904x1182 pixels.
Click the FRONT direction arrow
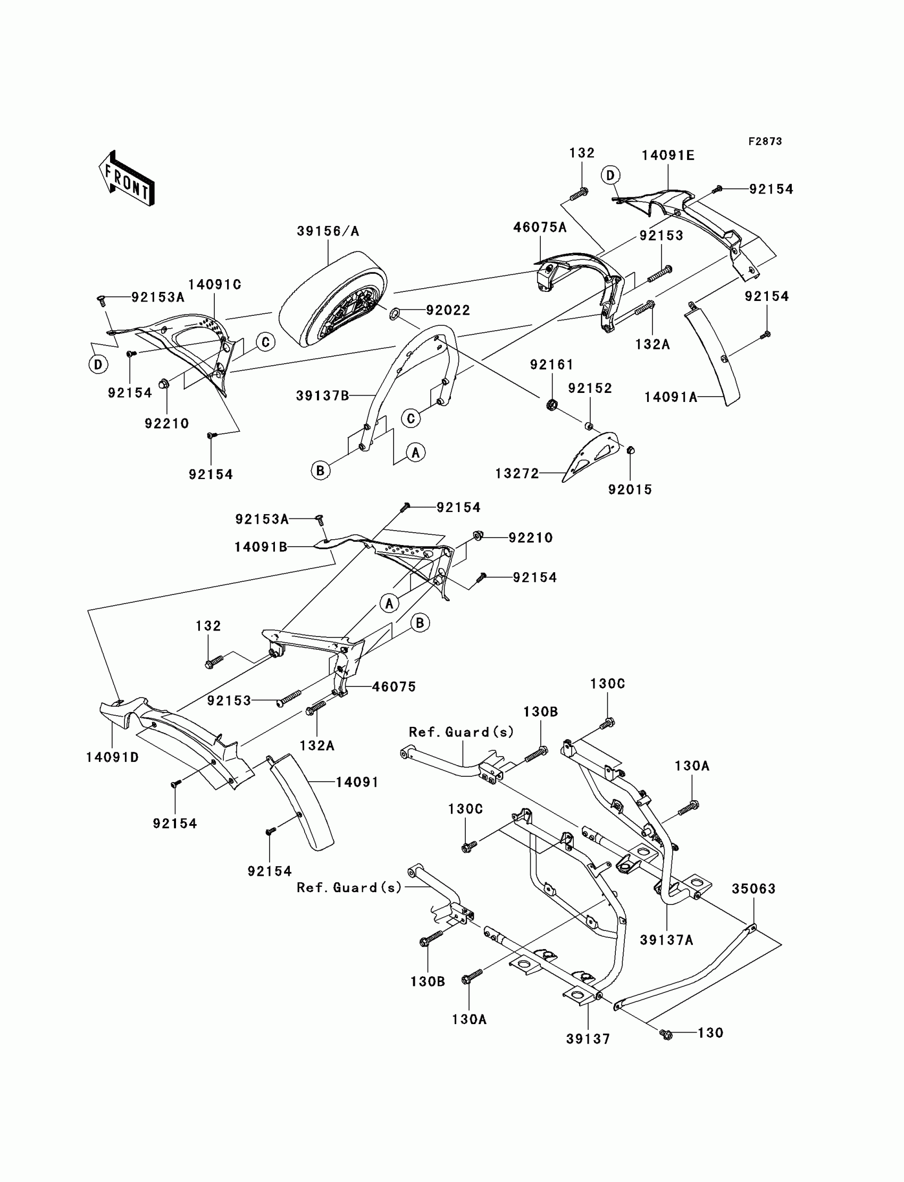click(x=127, y=178)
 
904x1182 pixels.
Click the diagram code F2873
click(x=765, y=141)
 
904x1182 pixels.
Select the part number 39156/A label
click(x=328, y=231)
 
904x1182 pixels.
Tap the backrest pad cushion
click(x=333, y=299)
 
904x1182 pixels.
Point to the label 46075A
click(x=540, y=228)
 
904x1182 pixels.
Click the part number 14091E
click(x=668, y=155)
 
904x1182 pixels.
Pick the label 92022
click(x=448, y=311)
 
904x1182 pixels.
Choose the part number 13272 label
click(x=517, y=473)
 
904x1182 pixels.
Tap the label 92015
click(x=630, y=490)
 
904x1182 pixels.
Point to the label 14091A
click(x=671, y=398)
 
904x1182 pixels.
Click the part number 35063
click(x=754, y=889)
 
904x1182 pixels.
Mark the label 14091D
click(x=112, y=758)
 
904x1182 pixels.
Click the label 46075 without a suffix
click(x=394, y=687)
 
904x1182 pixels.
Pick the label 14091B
click(x=261, y=548)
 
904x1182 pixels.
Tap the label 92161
click(x=551, y=365)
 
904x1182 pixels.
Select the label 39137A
click(x=667, y=941)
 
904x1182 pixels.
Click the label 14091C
click(x=215, y=284)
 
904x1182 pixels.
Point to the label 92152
click(x=590, y=389)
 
